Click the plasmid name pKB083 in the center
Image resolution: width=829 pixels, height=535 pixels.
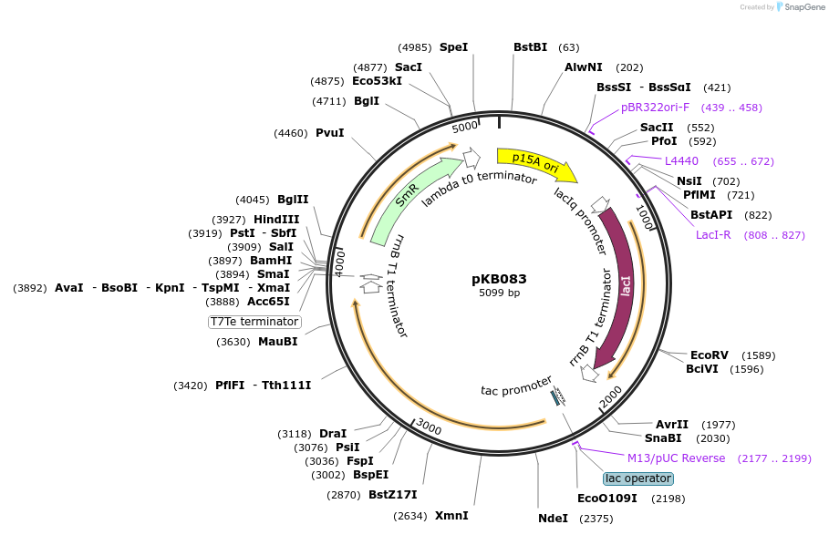(499, 279)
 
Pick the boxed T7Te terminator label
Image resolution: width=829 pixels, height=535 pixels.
(254, 322)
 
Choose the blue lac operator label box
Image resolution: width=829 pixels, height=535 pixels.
(638, 478)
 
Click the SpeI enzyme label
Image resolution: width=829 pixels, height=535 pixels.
(453, 47)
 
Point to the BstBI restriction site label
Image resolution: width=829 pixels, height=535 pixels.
(530, 47)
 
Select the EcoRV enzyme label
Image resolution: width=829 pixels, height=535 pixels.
(710, 355)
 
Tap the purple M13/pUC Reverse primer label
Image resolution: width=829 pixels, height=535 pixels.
(677, 458)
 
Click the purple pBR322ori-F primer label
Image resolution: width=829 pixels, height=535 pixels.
(655, 108)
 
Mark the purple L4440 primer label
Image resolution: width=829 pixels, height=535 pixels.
(681, 161)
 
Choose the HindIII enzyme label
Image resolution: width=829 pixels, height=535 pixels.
(276, 220)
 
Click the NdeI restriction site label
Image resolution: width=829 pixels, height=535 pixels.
(553, 518)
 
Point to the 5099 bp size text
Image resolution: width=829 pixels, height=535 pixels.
(499, 293)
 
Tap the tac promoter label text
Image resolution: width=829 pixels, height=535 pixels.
(516, 386)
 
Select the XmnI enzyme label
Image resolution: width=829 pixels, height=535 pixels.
(451, 516)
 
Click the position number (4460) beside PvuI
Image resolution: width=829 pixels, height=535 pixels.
(291, 133)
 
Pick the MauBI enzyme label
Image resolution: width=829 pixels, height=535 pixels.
(277, 342)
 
